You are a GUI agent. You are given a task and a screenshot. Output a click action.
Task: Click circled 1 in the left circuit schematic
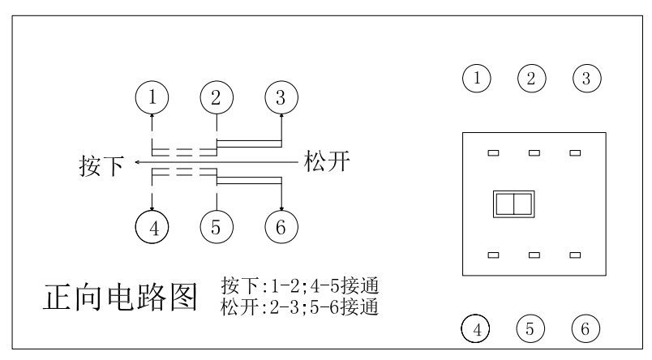click(x=152, y=98)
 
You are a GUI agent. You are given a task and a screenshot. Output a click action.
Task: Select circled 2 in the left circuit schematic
click(x=217, y=98)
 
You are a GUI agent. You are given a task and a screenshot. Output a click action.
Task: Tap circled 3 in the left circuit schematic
click(x=281, y=98)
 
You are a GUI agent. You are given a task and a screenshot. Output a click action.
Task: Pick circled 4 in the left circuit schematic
click(x=152, y=226)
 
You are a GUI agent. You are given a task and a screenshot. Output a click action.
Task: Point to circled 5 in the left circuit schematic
click(x=217, y=226)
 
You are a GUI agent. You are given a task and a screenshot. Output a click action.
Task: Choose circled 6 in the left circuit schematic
click(x=281, y=226)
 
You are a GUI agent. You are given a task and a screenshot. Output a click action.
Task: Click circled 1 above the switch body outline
click(x=477, y=79)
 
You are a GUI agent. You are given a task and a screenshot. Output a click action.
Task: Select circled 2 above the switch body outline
click(x=531, y=79)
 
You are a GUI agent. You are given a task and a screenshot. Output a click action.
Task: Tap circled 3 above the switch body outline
click(x=586, y=79)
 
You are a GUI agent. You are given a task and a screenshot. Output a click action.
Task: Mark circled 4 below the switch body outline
click(x=477, y=329)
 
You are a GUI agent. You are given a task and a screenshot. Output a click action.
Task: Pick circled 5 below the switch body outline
click(x=531, y=329)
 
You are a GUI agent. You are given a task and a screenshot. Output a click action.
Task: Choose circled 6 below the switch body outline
click(x=586, y=329)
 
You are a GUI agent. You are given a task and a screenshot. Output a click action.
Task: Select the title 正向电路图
click(x=119, y=298)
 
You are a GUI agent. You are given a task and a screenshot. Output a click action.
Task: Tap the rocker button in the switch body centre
click(x=513, y=204)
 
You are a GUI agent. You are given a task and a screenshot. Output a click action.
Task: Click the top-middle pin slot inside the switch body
click(x=534, y=152)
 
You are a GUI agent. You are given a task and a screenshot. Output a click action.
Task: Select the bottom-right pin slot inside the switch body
click(x=575, y=255)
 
